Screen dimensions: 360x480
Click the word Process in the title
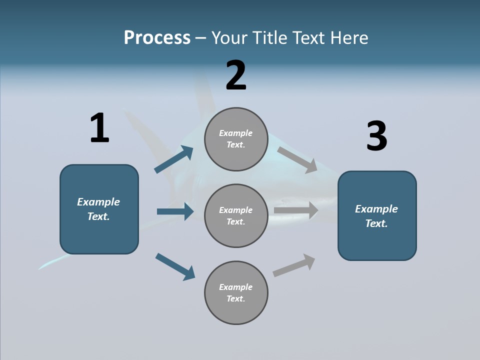pos(157,38)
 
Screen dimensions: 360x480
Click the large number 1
pos(99,128)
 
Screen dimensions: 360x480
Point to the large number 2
pos(236,75)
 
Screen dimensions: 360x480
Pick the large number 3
pos(377,136)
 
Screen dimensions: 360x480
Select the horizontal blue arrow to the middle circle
pos(175,211)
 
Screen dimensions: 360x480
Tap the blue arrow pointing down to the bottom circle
pos(175,266)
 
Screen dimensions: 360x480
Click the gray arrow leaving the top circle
pos(297,159)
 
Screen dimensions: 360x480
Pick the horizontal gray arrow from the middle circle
pos(296,210)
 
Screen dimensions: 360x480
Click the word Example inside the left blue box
pos(98,202)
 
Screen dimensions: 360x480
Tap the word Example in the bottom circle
pos(236,287)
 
